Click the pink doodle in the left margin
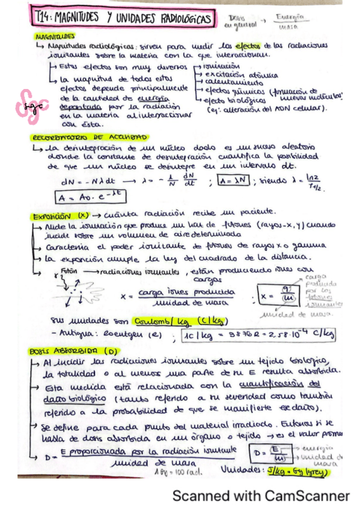pos(28,105)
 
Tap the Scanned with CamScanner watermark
pos(260,496)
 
